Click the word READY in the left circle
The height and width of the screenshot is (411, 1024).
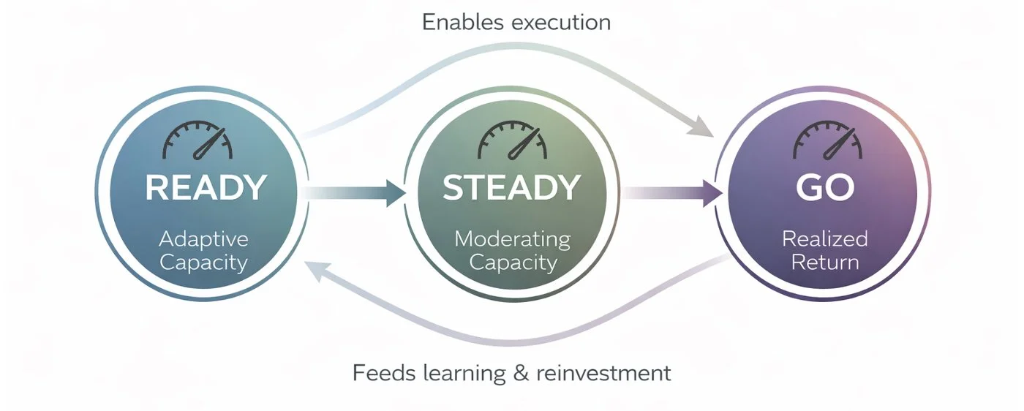205,188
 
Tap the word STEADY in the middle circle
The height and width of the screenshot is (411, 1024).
512,188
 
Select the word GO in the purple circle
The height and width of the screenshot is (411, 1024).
825,188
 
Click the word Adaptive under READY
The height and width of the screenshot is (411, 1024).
203,239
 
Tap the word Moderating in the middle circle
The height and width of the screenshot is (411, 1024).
512,239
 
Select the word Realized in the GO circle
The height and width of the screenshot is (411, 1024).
824,239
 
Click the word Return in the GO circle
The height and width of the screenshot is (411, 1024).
825,262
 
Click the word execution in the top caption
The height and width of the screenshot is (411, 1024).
561,22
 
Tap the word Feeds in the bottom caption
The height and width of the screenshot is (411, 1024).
385,373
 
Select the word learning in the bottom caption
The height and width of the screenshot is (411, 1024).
464,374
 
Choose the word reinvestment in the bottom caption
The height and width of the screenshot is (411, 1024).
603,373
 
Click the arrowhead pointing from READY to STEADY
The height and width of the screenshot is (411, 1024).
395,193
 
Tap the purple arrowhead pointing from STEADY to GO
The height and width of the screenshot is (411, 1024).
712,193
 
